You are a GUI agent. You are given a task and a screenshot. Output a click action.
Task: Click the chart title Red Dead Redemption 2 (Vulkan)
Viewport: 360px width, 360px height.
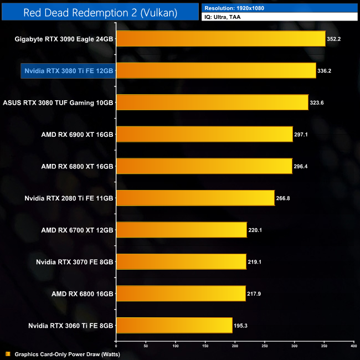point(100,12)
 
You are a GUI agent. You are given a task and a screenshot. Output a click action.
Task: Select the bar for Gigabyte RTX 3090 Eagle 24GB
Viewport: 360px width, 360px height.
point(220,39)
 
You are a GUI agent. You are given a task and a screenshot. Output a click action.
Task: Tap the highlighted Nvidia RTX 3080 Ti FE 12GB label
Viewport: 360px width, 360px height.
point(68,71)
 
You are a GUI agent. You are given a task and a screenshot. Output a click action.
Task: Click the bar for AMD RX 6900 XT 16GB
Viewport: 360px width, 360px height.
point(204,134)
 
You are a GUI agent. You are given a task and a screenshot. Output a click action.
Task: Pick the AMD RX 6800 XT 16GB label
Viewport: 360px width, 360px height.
point(77,166)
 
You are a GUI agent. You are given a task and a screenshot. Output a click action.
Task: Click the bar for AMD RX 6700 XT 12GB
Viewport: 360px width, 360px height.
point(181,230)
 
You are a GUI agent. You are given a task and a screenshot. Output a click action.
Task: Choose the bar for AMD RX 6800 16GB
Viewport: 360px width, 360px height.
point(181,294)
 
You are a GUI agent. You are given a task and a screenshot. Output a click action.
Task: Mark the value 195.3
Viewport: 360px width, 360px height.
point(242,325)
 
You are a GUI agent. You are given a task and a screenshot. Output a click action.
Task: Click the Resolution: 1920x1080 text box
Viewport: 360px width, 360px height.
point(279,8)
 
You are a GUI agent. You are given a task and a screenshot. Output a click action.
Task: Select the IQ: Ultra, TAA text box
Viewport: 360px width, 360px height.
point(279,18)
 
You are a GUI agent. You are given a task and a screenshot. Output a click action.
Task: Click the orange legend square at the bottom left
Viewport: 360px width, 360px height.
point(7,354)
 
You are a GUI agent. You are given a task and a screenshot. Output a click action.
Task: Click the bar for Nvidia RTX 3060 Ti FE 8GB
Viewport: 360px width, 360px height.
point(174,325)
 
